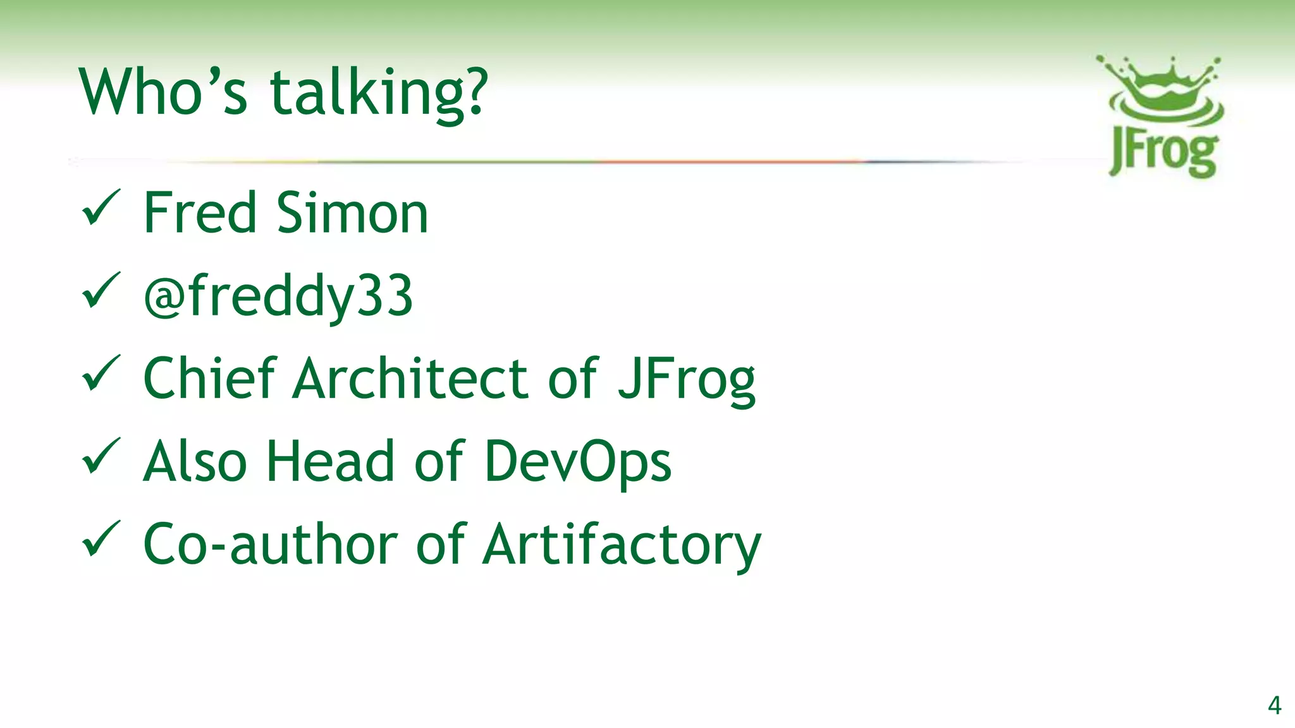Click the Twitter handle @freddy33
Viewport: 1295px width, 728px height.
278,296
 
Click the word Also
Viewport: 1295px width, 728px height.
195,461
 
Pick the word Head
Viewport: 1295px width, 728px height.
331,461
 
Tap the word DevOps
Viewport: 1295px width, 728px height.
577,462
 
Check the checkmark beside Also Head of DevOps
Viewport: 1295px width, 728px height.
101,456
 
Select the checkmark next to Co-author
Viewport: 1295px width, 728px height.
101,538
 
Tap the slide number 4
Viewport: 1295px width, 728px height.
1274,705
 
